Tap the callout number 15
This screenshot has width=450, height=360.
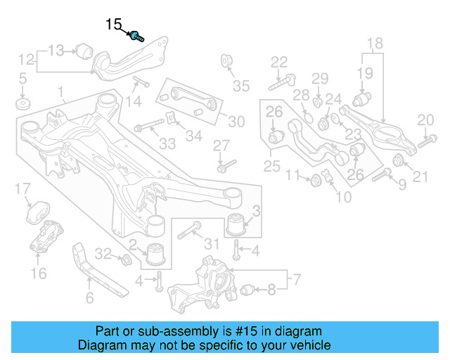(113, 25)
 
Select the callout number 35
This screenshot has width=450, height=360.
(241, 86)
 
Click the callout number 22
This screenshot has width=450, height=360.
(279, 61)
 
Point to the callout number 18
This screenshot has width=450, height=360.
(374, 43)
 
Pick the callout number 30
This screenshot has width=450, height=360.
(236, 122)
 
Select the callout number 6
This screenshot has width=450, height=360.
(89, 299)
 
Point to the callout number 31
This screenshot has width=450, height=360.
(212, 244)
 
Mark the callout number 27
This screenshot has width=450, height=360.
(221, 146)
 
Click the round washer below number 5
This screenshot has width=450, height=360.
(23, 105)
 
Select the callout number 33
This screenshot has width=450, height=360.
(167, 144)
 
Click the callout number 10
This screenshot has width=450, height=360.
(344, 198)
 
